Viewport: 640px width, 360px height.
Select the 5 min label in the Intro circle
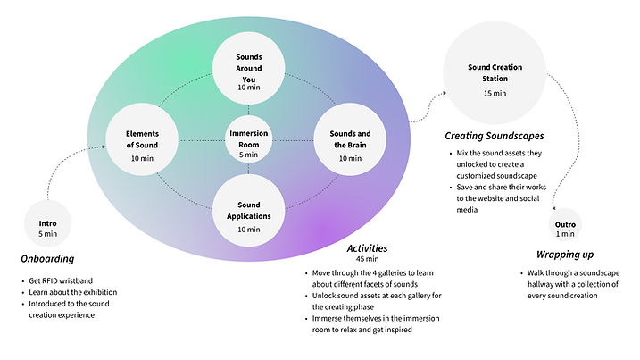point(48,234)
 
